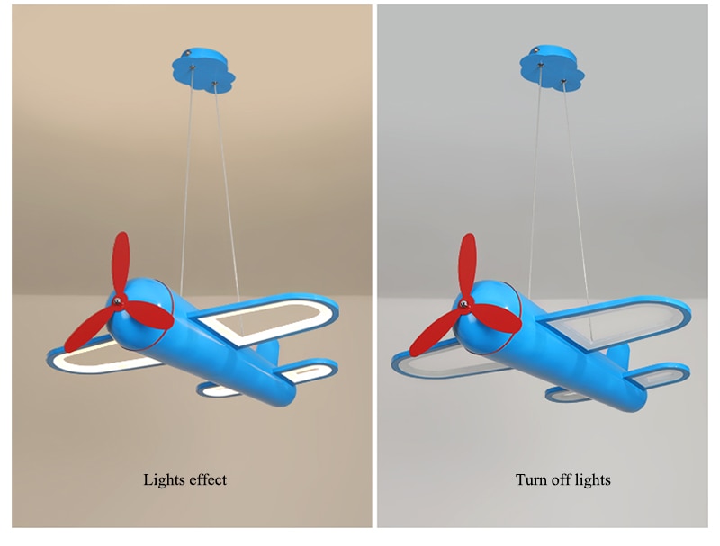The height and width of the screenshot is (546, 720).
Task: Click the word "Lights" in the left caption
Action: tap(163, 479)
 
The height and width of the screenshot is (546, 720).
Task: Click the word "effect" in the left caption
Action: tap(206, 479)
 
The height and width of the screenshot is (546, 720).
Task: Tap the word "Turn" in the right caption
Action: tap(532, 479)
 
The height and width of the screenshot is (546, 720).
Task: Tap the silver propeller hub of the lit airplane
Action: tap(116, 300)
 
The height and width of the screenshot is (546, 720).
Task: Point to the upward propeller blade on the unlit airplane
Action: tap(469, 264)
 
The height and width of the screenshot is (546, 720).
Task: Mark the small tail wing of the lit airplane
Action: tap(311, 371)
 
